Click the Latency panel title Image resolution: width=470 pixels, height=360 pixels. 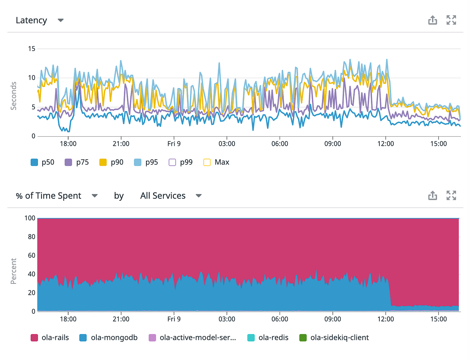pyautogui.click(x=31, y=20)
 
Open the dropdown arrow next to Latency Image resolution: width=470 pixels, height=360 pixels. pyautogui.click(x=61, y=20)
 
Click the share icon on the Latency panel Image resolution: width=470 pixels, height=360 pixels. pyautogui.click(x=432, y=20)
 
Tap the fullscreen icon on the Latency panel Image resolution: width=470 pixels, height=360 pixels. pyautogui.click(x=451, y=20)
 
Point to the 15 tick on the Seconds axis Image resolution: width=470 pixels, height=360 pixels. pyautogui.click(x=32, y=49)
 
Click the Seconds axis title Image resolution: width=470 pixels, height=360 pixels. pyautogui.click(x=13, y=96)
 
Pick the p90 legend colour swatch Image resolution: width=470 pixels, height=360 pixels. pyautogui.click(x=103, y=162)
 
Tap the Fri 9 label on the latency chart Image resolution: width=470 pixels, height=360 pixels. pyautogui.click(x=174, y=144)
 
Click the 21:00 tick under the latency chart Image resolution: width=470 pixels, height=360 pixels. pyautogui.click(x=121, y=144)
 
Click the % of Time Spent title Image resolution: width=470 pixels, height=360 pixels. pyautogui.click(x=49, y=196)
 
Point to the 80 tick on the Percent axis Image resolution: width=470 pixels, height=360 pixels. pyautogui.click(x=32, y=237)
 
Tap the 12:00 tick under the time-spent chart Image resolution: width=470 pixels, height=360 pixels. pyautogui.click(x=385, y=319)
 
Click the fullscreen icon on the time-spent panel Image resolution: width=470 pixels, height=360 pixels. pyautogui.click(x=451, y=195)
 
